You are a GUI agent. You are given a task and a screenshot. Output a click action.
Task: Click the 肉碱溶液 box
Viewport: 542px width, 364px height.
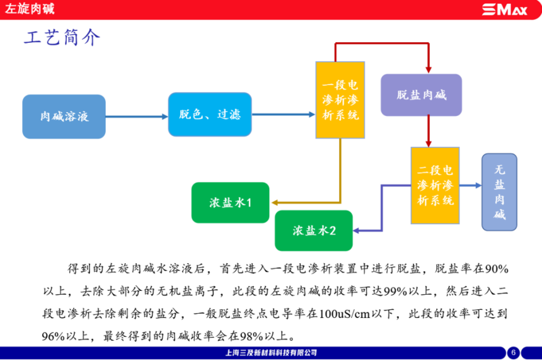coord(64,117)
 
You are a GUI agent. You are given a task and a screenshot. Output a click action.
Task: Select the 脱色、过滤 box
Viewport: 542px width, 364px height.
coord(210,115)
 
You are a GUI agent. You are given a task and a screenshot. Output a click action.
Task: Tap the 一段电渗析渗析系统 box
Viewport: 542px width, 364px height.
coord(340,100)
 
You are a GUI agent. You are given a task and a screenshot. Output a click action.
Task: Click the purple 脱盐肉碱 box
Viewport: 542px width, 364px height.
coord(422,95)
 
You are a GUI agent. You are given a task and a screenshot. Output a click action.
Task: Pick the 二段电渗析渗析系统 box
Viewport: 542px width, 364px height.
coord(435,185)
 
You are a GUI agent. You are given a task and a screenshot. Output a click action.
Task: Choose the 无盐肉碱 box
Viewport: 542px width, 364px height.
coord(500,192)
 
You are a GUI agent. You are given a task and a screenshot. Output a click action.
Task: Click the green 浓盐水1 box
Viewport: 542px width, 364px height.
coord(230,203)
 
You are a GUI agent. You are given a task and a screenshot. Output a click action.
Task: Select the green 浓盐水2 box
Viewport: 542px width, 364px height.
coord(314,230)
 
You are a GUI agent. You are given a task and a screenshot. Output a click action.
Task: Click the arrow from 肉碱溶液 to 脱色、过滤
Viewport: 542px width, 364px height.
coord(137,117)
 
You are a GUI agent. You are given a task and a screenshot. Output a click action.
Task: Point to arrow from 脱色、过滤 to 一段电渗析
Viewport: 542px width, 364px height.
coord(284,115)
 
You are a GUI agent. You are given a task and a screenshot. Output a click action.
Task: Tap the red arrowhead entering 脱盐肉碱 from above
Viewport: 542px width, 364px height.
coord(429,70)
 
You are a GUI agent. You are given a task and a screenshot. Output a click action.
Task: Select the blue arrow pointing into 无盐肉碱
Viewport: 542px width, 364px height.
coord(470,185)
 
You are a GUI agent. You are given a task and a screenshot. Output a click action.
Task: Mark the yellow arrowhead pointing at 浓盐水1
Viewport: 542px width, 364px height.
coord(274,203)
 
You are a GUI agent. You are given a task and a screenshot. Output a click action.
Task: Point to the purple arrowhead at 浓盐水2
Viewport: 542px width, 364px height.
coord(356,230)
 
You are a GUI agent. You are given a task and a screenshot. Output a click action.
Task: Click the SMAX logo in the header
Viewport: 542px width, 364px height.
coord(504,9)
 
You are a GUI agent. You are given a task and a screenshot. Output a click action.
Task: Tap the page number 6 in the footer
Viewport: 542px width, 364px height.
coord(513,353)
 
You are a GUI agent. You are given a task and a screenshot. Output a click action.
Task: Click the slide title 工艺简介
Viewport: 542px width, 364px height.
coord(62,37)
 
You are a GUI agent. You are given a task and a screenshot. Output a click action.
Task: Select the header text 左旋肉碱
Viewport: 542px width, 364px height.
coord(30,9)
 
